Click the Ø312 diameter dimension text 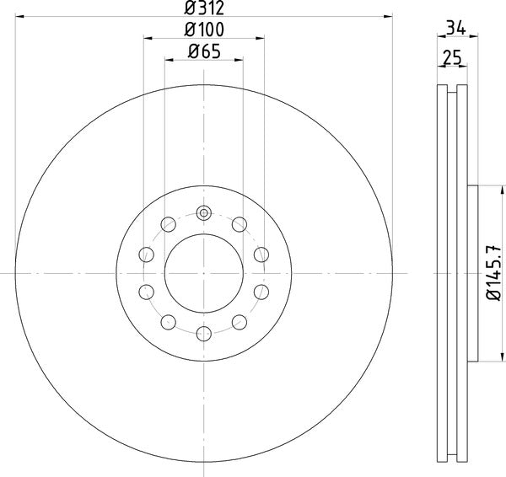point(203,8)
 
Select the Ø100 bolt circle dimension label point(203,30)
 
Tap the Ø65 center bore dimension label point(203,52)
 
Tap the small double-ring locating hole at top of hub point(204,212)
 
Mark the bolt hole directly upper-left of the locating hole point(169,224)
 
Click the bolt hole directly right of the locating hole point(240,224)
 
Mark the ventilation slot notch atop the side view point(453,88)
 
